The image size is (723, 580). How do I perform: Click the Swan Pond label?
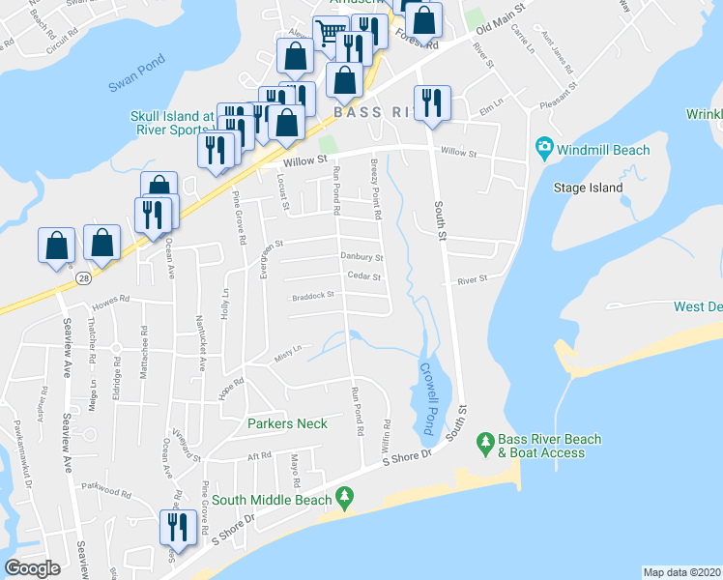pos(131,84)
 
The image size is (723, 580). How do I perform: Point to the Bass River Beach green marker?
pos(485,446)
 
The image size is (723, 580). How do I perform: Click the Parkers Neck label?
pos(287,423)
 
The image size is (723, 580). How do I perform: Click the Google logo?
pos(32,567)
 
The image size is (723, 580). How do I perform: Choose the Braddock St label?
pos(312,296)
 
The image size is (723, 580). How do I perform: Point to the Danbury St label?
pos(361,258)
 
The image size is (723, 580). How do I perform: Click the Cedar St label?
pos(364,277)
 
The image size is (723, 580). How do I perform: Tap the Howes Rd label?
pos(111,301)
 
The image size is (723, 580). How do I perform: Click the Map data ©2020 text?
pos(681,572)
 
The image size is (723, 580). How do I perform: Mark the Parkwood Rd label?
pos(105,491)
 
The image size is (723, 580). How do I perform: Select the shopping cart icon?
pos(330,35)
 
